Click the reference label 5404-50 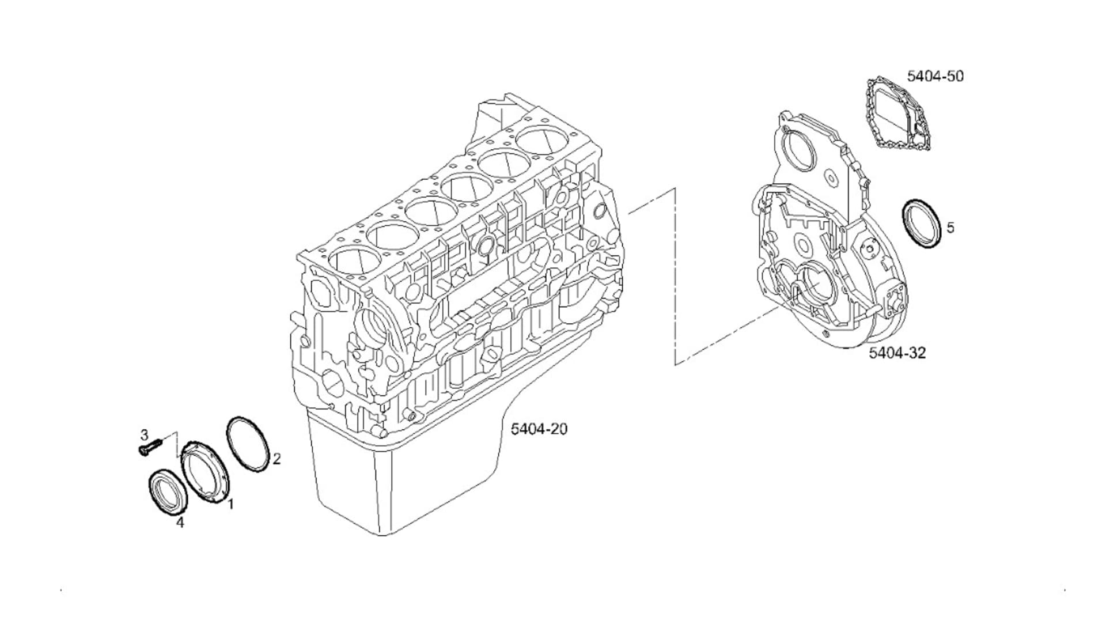point(935,76)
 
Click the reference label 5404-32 point(897,353)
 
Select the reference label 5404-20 point(539,429)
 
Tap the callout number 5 point(950,228)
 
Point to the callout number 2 point(276,459)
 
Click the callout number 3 point(145,434)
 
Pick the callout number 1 point(230,505)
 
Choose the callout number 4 point(180,523)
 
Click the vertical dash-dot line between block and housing point(675,277)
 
